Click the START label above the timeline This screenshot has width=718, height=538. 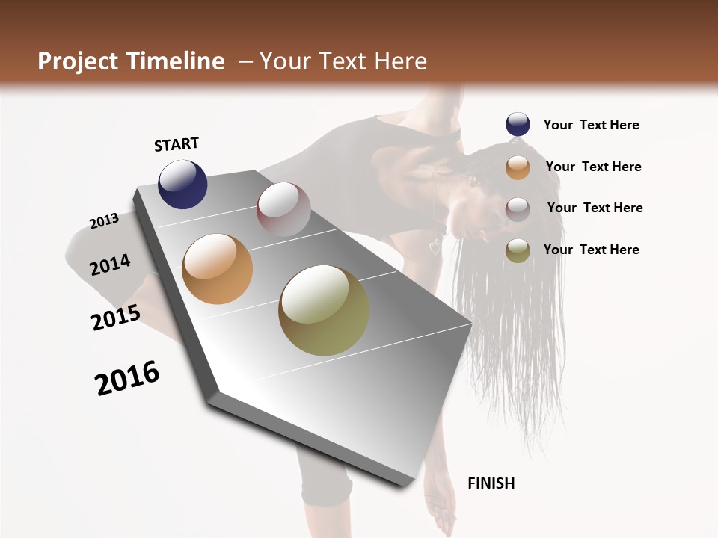point(177,144)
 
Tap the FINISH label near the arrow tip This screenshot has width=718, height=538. point(491,483)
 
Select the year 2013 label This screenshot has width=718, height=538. point(105,221)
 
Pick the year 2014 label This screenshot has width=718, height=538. point(110,265)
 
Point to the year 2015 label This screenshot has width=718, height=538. point(116,318)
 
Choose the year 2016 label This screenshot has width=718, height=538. point(127,378)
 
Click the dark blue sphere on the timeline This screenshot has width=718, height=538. point(182,184)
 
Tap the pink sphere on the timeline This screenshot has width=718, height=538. point(283,209)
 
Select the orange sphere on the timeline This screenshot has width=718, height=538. point(217,269)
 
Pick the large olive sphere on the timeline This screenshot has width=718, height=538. point(324,310)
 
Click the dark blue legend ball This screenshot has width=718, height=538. point(518,125)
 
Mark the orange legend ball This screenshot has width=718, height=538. point(518,167)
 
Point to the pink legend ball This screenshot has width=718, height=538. point(518,208)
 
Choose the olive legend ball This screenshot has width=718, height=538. point(518,250)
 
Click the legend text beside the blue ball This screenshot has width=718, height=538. point(591,125)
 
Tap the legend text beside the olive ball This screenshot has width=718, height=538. point(591,250)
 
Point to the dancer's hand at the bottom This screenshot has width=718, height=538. point(441,516)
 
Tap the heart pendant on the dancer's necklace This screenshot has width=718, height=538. point(435,247)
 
